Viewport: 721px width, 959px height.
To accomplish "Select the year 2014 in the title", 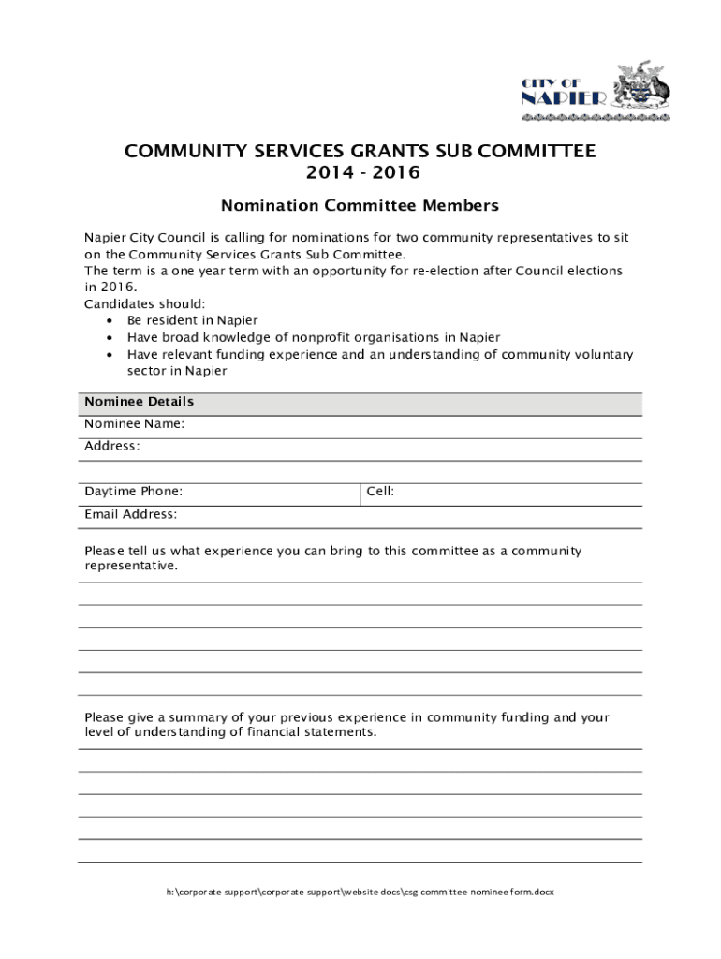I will tap(327, 173).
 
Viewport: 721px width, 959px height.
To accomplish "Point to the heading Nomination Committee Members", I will tap(360, 205).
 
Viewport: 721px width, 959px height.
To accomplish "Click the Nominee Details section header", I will tap(139, 402).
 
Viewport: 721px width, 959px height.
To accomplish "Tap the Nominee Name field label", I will tap(134, 423).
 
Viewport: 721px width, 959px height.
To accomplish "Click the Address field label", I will tap(111, 446).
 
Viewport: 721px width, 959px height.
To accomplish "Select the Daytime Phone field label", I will tap(133, 491).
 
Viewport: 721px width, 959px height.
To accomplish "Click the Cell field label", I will tap(379, 491).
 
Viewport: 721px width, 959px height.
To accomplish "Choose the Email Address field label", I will tap(130, 514).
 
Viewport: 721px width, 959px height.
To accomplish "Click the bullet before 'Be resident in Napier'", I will tap(110, 320).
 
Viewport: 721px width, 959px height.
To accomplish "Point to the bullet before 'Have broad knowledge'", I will tap(110, 337).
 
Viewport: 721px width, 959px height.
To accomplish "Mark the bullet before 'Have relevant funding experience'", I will tap(110, 355).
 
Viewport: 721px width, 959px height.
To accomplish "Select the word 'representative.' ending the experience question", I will tap(130, 566).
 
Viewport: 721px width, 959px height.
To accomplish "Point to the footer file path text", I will tap(360, 893).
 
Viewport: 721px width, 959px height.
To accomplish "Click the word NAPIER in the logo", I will tap(564, 98).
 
